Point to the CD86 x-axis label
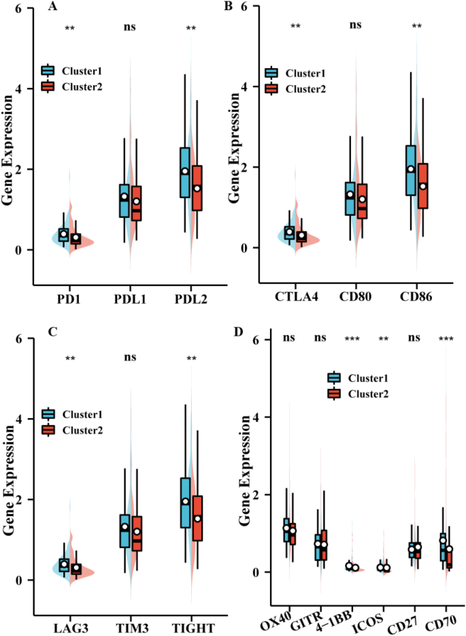(x=415, y=297)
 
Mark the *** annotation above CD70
(x=447, y=339)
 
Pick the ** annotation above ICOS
(x=385, y=339)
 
